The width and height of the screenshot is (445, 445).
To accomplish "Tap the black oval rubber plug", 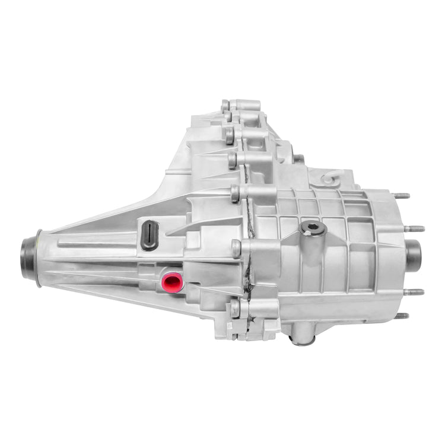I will tap(150, 230).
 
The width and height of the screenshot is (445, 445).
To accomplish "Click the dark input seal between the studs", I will tap(413, 253).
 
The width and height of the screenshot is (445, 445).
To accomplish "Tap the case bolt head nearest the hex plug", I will tap(236, 193).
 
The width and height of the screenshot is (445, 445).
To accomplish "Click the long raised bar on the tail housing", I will tap(95, 244).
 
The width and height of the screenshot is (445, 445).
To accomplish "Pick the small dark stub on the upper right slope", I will tap(300, 158).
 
